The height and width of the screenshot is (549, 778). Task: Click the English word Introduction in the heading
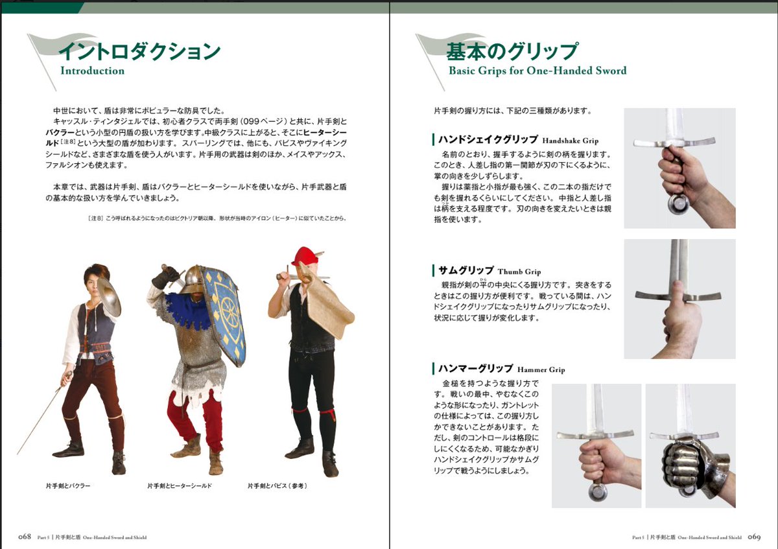92,71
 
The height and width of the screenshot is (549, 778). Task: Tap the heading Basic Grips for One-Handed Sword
537,70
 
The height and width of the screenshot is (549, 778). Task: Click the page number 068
25,537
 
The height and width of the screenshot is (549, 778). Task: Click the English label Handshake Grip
571,141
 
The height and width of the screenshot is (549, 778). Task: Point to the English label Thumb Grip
519,272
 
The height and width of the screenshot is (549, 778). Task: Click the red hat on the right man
303,256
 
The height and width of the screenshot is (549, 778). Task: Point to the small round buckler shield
108,297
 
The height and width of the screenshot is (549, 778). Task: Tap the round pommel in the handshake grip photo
678,204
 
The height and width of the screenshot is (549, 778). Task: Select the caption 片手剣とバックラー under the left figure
68,485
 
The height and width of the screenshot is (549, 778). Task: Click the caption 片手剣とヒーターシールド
180,485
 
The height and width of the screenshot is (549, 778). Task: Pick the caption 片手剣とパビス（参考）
277,485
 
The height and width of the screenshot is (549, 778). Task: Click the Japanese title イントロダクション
139,51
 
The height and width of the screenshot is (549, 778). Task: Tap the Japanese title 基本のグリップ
512,51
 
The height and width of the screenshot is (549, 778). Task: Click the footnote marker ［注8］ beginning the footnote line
95,218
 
